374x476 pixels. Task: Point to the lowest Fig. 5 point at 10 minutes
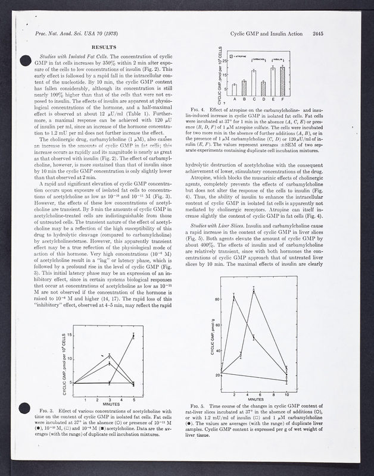tap(287, 379)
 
